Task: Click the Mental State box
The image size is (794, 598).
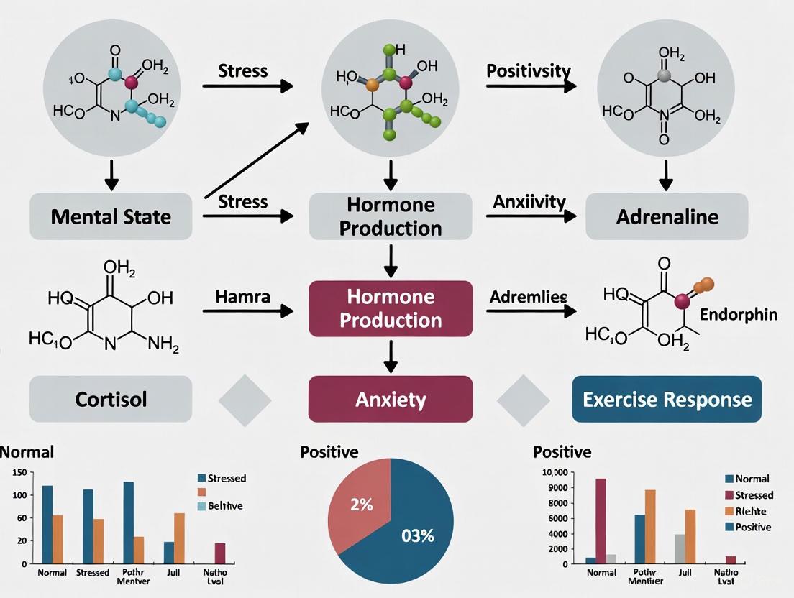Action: [111, 216]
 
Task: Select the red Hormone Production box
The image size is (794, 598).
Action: [391, 308]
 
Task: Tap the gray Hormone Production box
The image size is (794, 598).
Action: [391, 216]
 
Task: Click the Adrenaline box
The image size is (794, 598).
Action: [667, 216]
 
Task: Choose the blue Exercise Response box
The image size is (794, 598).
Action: [667, 399]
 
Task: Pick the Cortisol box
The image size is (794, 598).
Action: [111, 399]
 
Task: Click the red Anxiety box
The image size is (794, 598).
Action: [391, 399]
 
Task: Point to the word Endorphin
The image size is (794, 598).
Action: [737, 315]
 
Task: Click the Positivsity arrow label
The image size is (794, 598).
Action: [529, 71]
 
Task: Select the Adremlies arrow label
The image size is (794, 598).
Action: [528, 296]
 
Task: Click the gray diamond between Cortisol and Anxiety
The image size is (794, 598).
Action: [245, 399]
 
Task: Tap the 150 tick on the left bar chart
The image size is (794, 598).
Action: [20, 472]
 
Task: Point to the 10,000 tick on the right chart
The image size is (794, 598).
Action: [554, 472]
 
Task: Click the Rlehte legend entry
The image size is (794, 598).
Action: [750, 511]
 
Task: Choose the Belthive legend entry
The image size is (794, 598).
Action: [224, 505]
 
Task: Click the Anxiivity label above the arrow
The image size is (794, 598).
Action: [529, 202]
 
